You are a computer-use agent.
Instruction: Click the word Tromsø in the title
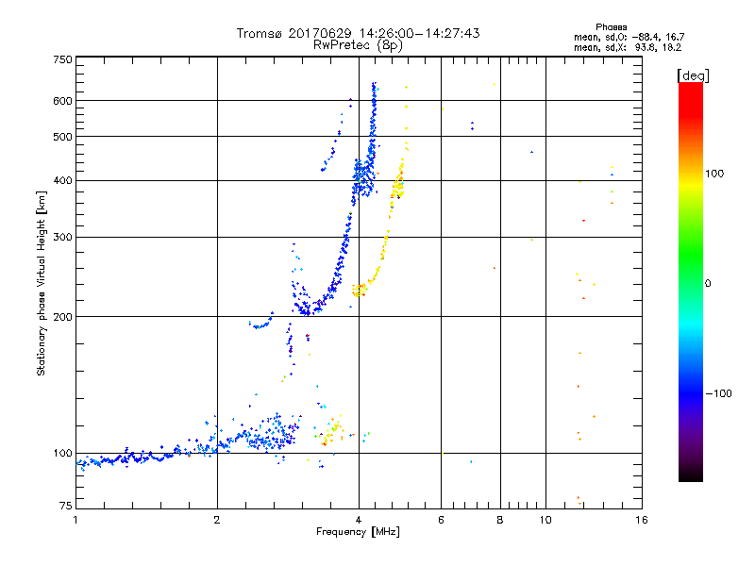tap(260, 33)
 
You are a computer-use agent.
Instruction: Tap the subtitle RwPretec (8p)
tap(359, 44)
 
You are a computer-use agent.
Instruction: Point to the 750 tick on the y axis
tap(62, 59)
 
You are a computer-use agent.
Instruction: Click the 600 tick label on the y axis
tap(62, 101)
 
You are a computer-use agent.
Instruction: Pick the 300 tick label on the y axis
tap(62, 237)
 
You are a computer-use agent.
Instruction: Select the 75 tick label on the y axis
tap(65, 508)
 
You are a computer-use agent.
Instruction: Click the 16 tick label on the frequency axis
tap(641, 520)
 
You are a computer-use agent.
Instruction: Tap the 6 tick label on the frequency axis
tap(441, 520)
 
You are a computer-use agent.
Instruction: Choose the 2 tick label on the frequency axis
tap(217, 520)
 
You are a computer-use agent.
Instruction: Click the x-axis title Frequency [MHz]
tap(358, 532)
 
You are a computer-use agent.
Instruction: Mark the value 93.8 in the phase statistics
tap(649, 46)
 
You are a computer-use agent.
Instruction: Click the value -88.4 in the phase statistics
tap(649, 37)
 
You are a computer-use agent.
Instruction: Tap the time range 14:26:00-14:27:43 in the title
tap(416, 33)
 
